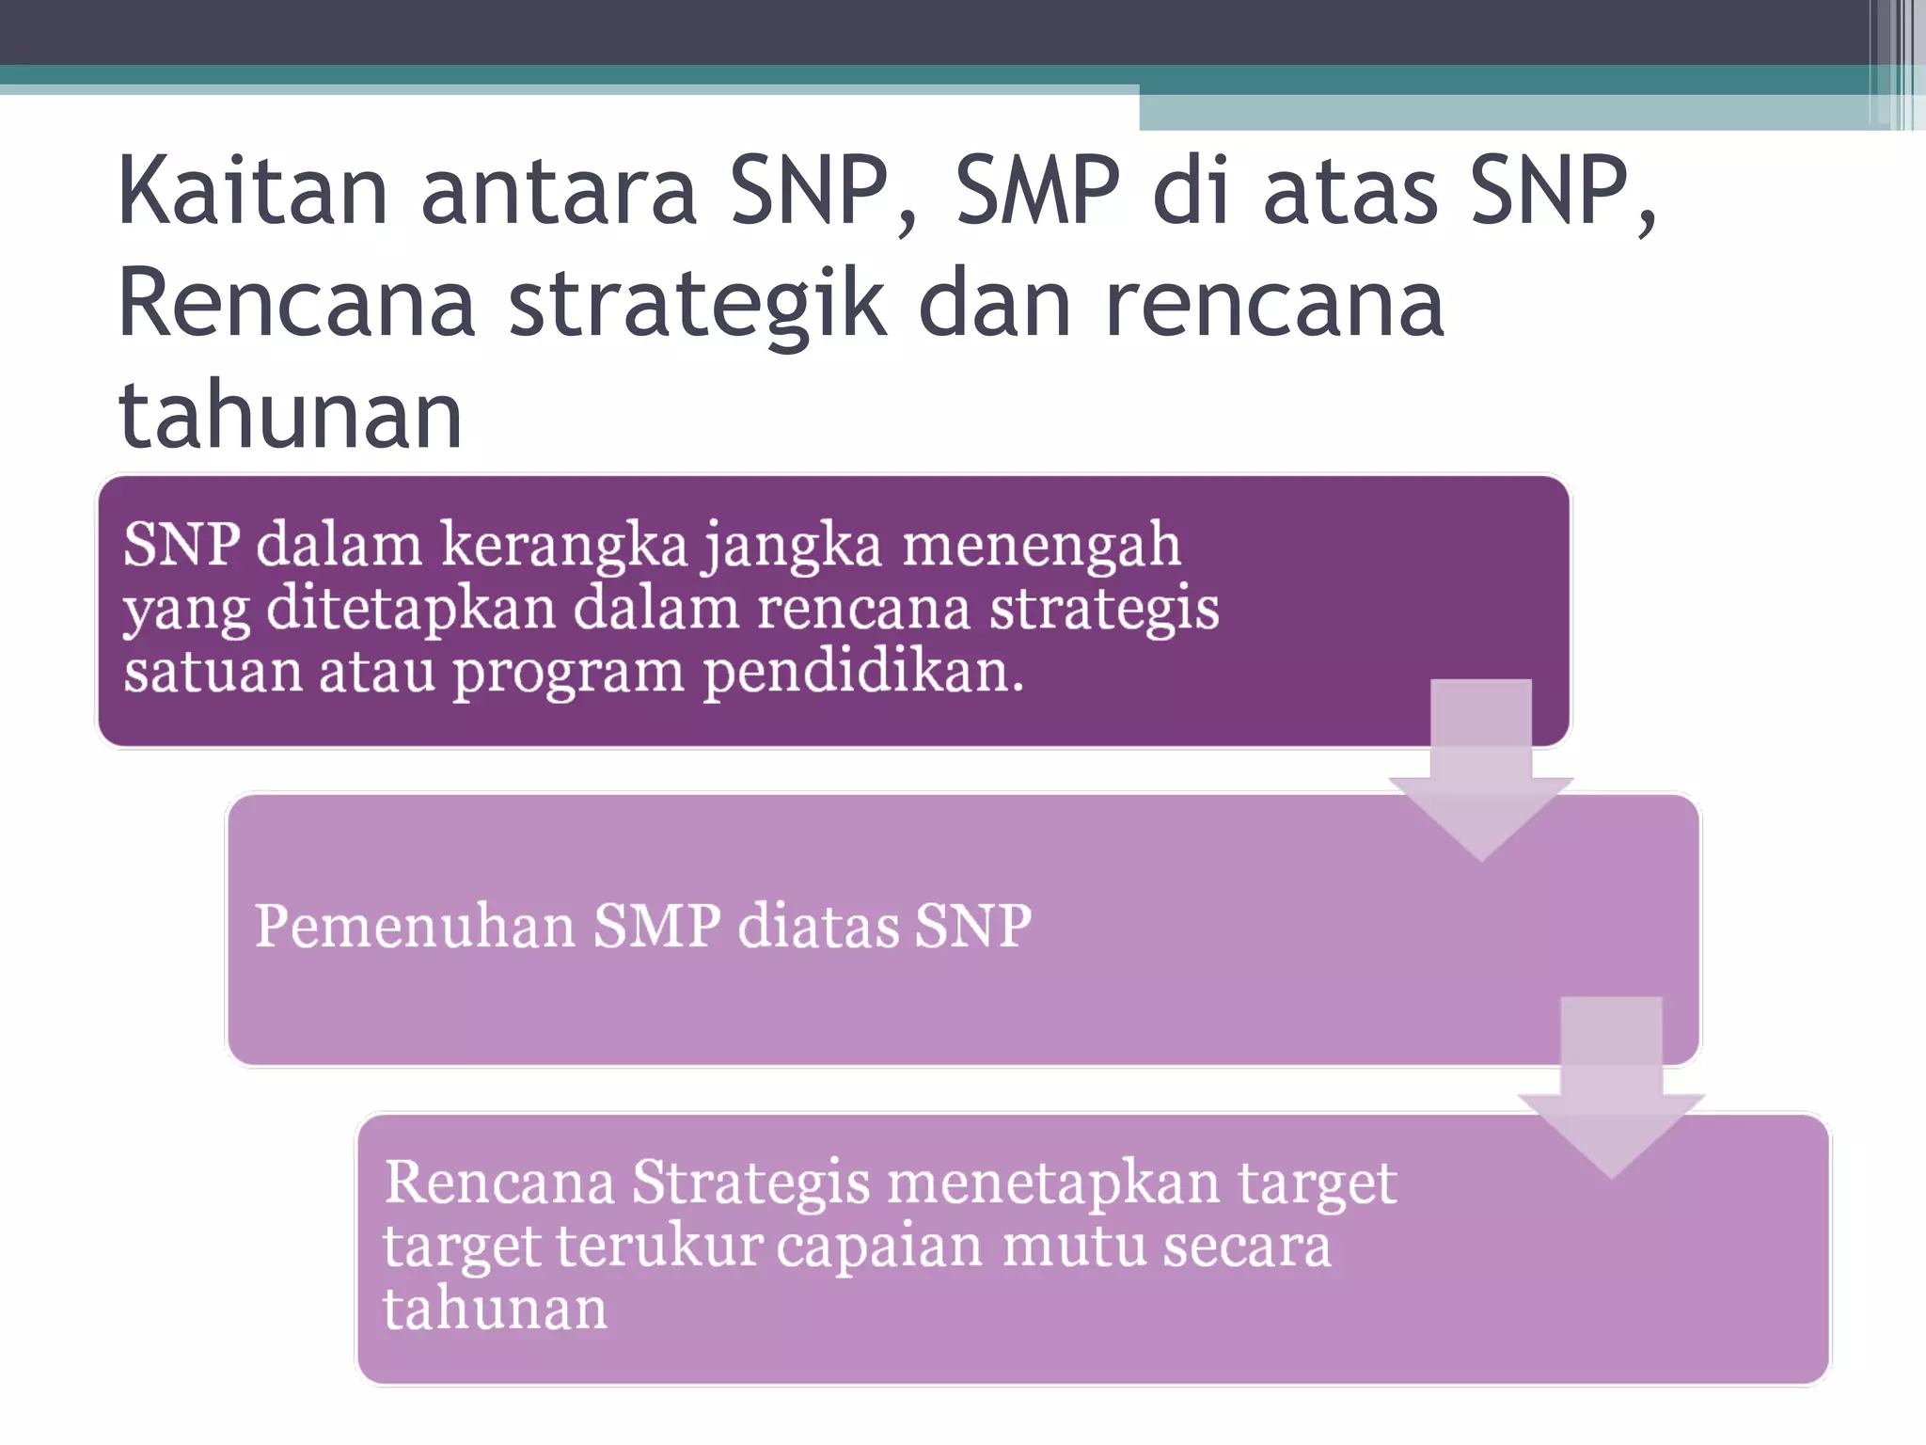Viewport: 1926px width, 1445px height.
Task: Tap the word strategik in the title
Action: [697, 303]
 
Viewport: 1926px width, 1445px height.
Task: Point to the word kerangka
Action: [564, 545]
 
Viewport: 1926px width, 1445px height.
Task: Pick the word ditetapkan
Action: [411, 610]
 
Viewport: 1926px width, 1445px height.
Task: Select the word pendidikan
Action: [862, 673]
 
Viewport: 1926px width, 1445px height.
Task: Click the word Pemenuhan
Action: [415, 926]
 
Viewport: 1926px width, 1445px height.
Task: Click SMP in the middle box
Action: [656, 926]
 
